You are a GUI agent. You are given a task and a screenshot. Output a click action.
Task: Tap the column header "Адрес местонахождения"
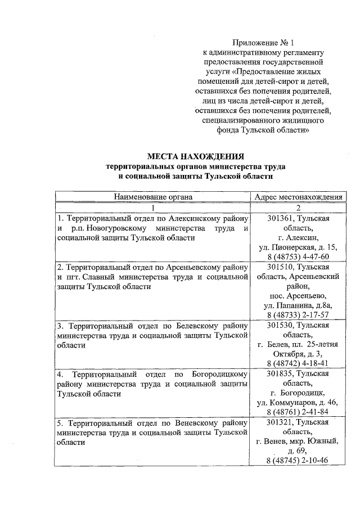(298, 197)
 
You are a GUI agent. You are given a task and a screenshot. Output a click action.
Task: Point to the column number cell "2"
(298, 208)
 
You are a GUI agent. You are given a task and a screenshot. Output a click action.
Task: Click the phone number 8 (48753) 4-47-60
(298, 256)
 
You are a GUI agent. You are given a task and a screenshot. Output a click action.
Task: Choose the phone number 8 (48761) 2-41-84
(298, 412)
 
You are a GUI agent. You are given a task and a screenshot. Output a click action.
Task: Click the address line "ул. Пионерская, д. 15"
(298, 247)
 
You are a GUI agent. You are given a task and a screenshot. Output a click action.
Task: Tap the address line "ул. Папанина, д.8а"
(298, 305)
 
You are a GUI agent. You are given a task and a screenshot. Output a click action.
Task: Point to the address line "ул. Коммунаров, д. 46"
(298, 403)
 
